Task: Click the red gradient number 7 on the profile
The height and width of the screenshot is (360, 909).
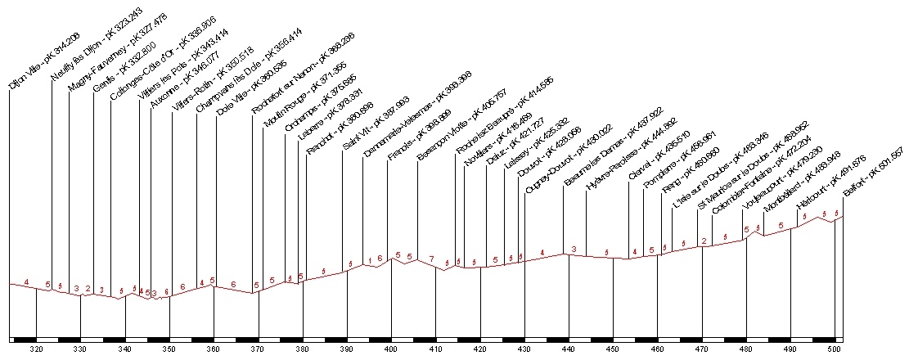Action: pyautogui.click(x=431, y=259)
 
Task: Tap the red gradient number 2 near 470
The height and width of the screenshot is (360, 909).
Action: pyautogui.click(x=704, y=241)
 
